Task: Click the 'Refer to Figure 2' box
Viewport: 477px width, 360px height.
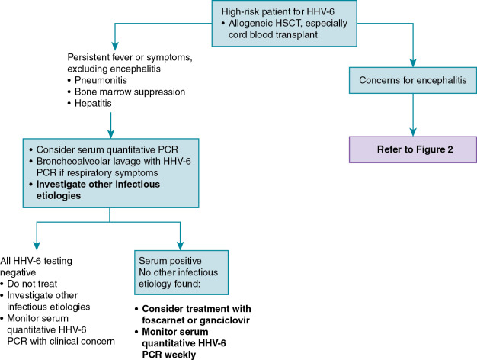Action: [413, 148]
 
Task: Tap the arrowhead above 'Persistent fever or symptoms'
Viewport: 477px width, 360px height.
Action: [114, 40]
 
